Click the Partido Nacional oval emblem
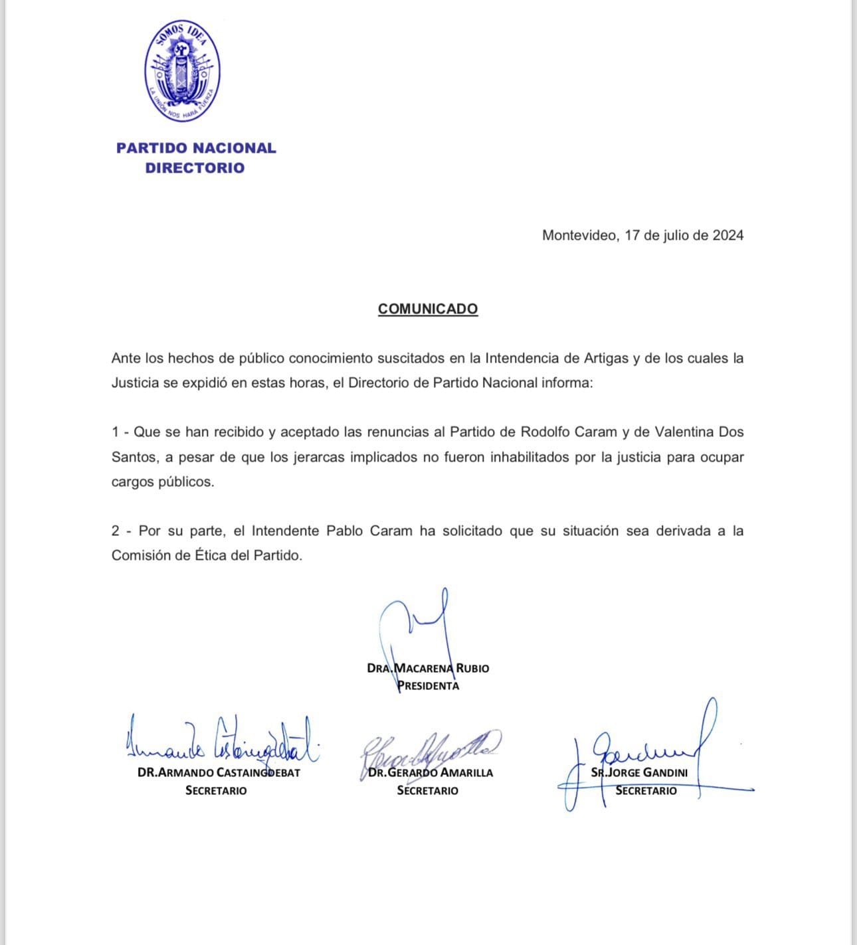pyautogui.click(x=183, y=71)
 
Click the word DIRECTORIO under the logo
pyautogui.click(x=195, y=168)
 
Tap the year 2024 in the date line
pyautogui.click(x=728, y=235)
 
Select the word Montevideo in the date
pyautogui.click(x=579, y=235)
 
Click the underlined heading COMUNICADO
pyautogui.click(x=427, y=309)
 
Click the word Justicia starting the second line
pyautogui.click(x=135, y=383)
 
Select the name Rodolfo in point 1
pyautogui.click(x=546, y=432)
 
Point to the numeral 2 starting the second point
pyautogui.click(x=116, y=531)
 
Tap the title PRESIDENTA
pyautogui.click(x=428, y=686)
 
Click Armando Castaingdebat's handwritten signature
pyautogui.click(x=219, y=742)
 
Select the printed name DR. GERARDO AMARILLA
pyautogui.click(x=430, y=773)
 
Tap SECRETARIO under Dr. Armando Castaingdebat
pyautogui.click(x=216, y=791)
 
